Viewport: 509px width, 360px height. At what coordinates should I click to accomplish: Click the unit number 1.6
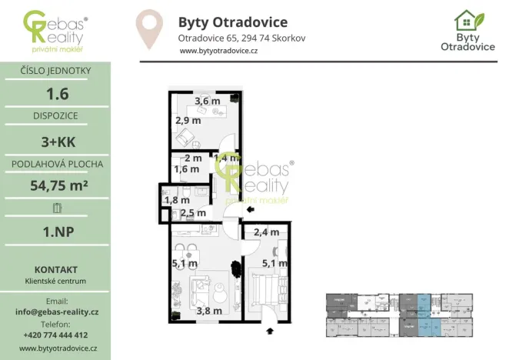55,93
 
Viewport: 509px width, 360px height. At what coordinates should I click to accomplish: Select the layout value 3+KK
55,140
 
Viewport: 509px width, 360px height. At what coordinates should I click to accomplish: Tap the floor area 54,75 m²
55,185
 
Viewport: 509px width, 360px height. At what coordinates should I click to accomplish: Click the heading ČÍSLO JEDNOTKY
55,71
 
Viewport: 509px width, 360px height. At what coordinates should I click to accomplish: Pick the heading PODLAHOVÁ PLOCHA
55,163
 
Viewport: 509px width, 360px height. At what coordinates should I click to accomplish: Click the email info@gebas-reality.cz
56,312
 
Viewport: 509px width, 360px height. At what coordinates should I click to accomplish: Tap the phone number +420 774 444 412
56,335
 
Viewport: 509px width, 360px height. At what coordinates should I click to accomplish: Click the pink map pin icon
148,28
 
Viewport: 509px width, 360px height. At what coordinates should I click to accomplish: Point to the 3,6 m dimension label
207,101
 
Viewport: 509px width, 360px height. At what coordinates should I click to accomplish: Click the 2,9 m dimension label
188,120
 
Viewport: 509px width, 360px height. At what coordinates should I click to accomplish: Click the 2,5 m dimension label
193,213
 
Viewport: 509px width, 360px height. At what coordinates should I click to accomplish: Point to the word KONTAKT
55,269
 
